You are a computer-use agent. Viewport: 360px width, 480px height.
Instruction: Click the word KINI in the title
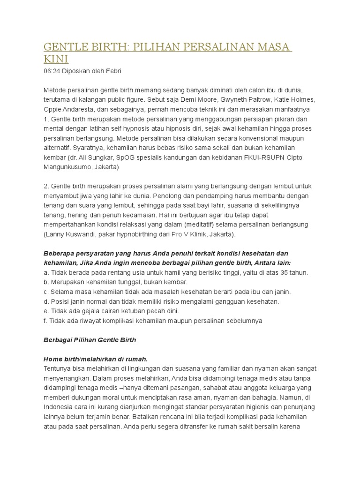56,60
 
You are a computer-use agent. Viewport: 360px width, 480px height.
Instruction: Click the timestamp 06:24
52,71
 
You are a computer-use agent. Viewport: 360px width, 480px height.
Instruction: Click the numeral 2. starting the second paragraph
46,186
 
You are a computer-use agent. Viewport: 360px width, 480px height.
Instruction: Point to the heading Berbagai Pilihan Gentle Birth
90,340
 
